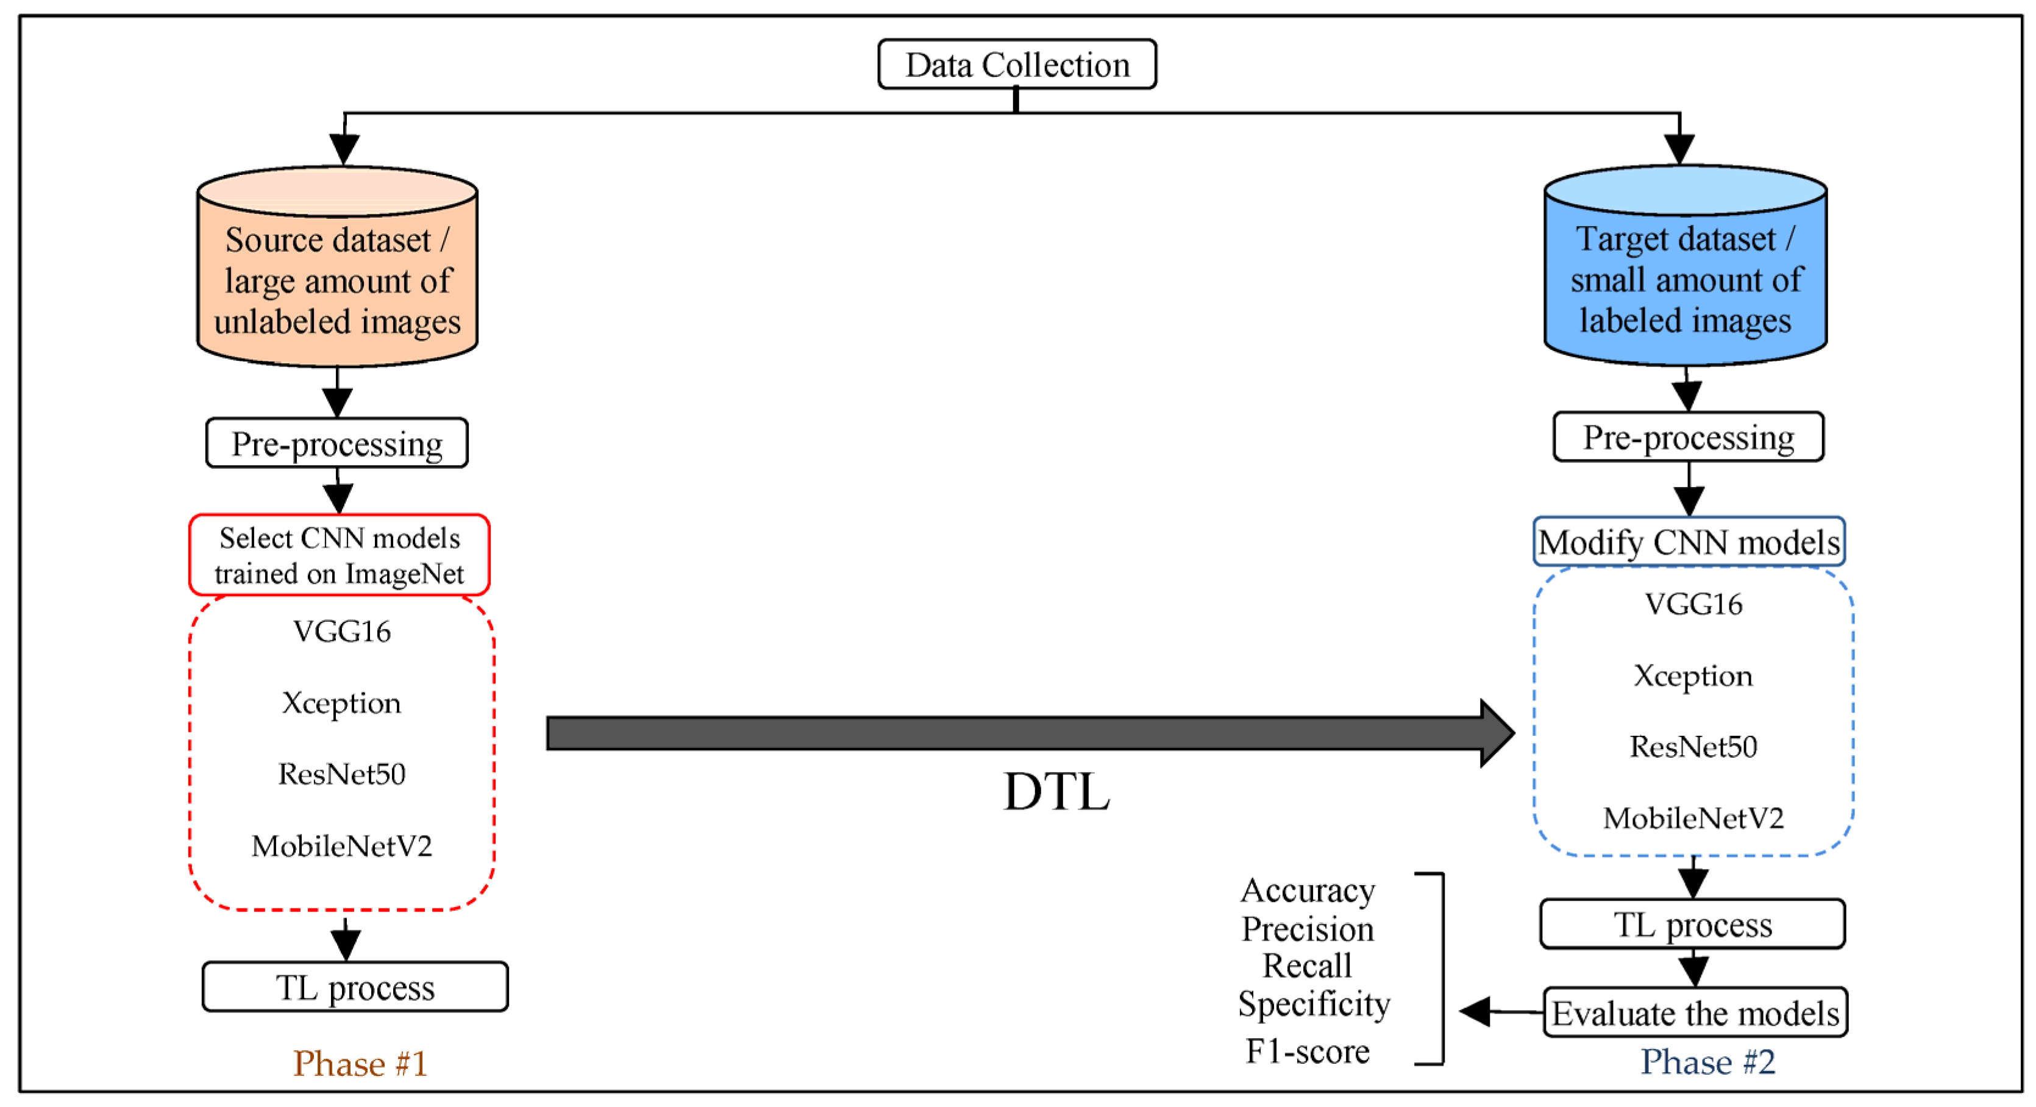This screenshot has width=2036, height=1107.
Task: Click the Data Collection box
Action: pos(1016,65)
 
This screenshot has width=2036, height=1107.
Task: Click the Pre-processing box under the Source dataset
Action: pos(336,443)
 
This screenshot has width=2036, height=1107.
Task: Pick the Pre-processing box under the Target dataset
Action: pos(1689,437)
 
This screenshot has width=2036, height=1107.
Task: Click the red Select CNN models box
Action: pos(339,555)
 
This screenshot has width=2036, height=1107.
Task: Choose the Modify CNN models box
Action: pos(1689,542)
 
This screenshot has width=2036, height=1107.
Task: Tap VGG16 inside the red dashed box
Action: pos(341,632)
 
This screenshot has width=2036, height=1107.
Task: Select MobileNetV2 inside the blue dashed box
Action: pos(1693,818)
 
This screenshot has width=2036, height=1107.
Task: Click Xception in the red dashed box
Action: pos(341,702)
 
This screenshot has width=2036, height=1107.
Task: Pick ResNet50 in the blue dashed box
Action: pos(1693,747)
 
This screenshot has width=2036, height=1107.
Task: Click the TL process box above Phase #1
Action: pos(355,987)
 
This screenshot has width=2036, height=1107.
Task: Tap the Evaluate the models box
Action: pos(1695,1013)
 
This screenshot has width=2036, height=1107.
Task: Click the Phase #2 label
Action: pos(1707,1061)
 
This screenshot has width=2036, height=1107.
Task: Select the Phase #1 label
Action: pos(360,1063)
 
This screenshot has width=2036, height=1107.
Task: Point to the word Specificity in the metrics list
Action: pos(1314,1003)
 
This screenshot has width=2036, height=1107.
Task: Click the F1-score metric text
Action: pos(1308,1051)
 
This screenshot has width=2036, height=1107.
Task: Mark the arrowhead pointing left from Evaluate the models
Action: pos(1475,1011)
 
